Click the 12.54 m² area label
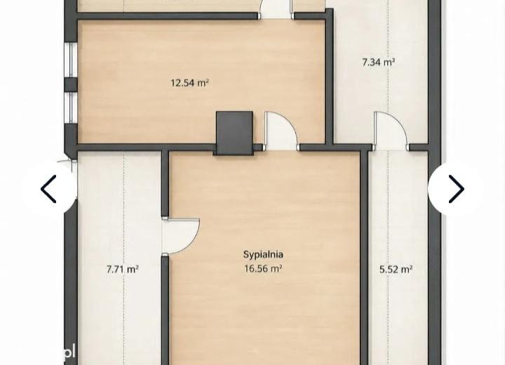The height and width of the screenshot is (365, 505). (x=189, y=84)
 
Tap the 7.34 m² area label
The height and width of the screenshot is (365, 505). (x=379, y=62)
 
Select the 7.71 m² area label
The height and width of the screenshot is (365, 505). (x=123, y=269)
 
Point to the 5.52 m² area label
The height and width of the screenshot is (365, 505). (x=396, y=269)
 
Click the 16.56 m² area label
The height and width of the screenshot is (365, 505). (x=263, y=269)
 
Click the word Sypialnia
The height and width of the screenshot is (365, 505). (x=263, y=254)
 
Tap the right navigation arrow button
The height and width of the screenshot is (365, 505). (x=456, y=189)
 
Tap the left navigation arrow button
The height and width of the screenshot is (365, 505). (x=49, y=189)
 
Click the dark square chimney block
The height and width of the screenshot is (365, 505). (x=234, y=133)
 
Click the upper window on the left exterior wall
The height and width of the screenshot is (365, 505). (x=70, y=60)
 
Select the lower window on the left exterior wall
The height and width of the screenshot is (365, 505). (x=70, y=107)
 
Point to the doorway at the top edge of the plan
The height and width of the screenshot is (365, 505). (x=276, y=10)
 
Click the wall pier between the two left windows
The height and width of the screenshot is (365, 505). (x=71, y=85)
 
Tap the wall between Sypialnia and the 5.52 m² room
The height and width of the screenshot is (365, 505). (x=364, y=258)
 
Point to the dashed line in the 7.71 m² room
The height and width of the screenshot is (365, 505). (x=123, y=258)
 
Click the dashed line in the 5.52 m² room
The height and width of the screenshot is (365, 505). (x=388, y=258)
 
